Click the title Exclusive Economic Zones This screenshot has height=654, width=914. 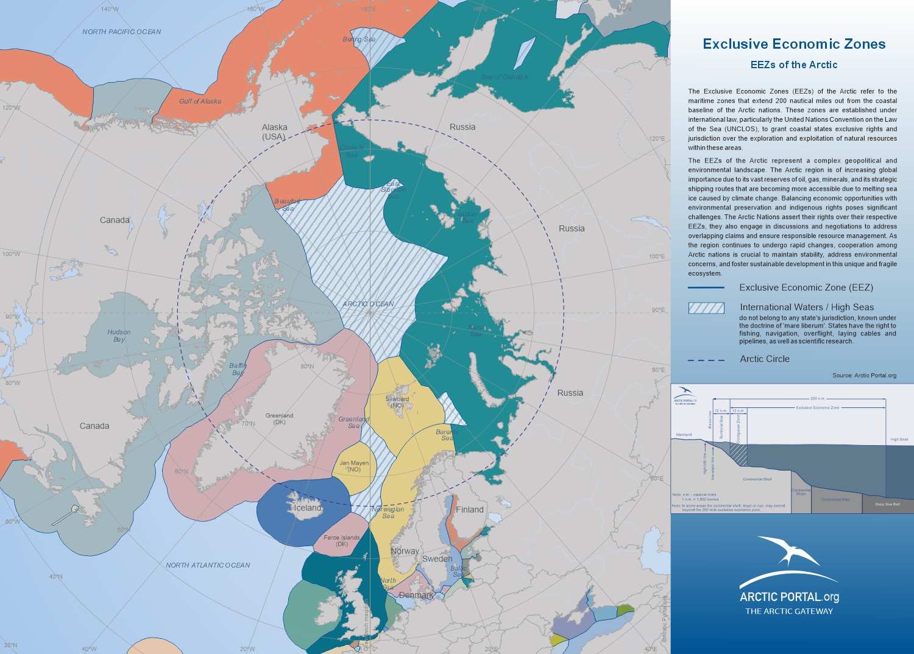tap(794, 44)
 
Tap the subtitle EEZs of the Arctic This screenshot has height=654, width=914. tap(794, 65)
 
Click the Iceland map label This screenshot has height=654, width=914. tap(308, 508)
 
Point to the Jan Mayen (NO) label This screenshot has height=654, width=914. tap(354, 466)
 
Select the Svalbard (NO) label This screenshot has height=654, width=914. tap(397, 402)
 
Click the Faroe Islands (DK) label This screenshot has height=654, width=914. tap(342, 541)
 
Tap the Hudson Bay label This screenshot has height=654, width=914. tap(119, 336)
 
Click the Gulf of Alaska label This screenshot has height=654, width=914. tap(200, 101)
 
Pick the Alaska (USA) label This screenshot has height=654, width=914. tap(274, 132)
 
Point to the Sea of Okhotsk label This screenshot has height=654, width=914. tap(505, 77)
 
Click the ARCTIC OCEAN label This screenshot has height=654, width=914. tap(368, 304)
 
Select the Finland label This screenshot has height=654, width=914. tap(470, 510)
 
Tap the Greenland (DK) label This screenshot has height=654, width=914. tap(279, 419)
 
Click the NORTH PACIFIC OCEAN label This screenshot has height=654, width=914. tap(122, 32)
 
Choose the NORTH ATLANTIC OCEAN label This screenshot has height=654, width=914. tap(208, 565)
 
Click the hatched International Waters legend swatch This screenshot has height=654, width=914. tap(706, 308)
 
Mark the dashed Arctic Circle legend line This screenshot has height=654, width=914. tap(706, 360)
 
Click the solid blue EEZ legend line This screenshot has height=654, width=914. tap(706, 287)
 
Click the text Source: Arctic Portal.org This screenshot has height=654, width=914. tap(864, 375)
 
